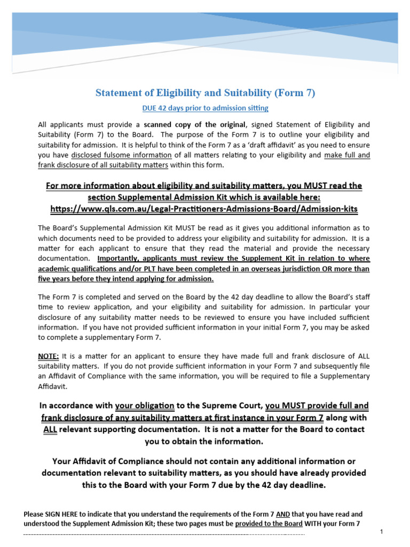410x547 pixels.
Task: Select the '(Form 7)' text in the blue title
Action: (295, 93)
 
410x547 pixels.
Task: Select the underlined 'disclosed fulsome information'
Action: (121, 155)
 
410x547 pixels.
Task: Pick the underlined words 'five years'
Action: (54, 279)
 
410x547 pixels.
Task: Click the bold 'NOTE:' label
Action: (49, 356)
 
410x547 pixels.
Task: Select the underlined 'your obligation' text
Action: (145, 406)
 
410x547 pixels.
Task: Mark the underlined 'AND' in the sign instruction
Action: (283, 514)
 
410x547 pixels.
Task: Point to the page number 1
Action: (382, 532)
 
